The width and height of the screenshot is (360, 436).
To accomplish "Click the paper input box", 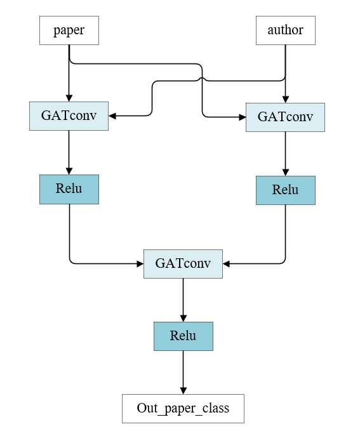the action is click(69, 30).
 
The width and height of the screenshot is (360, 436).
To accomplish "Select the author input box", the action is click(286, 30).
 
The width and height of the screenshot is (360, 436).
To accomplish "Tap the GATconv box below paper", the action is click(69, 116).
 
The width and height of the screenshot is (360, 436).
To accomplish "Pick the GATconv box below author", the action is click(285, 117).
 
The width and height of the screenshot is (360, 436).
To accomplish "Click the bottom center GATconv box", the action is click(183, 264).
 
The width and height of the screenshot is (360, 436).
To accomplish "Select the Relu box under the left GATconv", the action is click(69, 189).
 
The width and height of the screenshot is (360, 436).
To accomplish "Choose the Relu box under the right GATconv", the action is click(286, 190).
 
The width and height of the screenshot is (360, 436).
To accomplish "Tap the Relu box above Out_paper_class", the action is click(183, 336).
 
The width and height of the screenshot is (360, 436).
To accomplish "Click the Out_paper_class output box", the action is click(183, 409).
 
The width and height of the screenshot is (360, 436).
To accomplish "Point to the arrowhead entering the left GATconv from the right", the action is click(112, 116).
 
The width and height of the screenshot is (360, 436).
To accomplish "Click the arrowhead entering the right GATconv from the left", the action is click(243, 117).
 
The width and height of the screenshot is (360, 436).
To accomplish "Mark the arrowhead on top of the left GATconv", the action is click(69, 98).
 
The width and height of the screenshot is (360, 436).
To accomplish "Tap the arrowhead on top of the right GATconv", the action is click(286, 100).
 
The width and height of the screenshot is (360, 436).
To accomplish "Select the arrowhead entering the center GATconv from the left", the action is click(140, 264).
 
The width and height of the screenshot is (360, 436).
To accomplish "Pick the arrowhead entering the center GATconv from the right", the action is click(226, 264).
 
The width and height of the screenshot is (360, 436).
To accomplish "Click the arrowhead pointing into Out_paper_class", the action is click(183, 391).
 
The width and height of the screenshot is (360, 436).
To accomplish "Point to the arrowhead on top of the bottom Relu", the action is click(183, 319).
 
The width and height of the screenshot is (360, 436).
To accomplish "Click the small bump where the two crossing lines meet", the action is click(202, 79).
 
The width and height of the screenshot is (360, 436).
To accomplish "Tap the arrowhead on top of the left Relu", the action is click(69, 171).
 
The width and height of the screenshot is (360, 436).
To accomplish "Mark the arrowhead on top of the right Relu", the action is click(286, 173).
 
